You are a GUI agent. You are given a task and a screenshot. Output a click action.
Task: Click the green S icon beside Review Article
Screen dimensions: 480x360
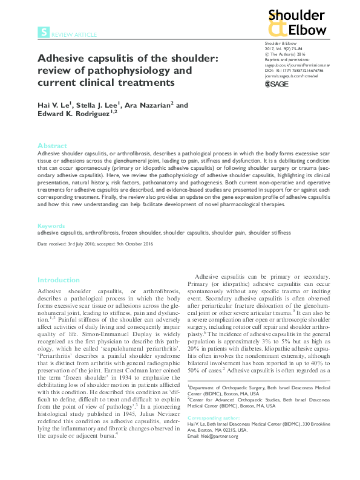[43, 34]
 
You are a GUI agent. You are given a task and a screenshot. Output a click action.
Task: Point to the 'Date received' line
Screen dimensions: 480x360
[95, 244]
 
